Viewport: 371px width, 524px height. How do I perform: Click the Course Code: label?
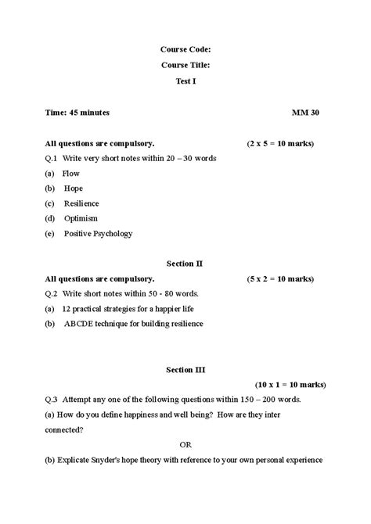click(185, 48)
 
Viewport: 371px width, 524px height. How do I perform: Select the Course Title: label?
click(185, 65)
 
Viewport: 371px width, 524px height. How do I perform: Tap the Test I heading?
click(185, 81)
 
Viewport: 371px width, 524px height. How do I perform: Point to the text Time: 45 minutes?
click(77, 113)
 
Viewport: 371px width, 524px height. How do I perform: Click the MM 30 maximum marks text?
click(305, 113)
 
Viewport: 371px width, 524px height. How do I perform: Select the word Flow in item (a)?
click(71, 173)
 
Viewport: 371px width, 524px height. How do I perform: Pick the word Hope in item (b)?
click(74, 188)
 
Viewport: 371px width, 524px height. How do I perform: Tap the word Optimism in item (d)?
click(81, 217)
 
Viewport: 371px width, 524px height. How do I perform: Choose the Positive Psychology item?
click(98, 233)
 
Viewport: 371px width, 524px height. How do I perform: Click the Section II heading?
click(185, 264)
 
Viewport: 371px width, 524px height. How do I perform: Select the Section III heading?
click(185, 368)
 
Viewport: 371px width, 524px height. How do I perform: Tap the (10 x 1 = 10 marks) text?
click(285, 384)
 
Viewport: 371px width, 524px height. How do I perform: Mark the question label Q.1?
click(52, 158)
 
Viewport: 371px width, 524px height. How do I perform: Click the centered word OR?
click(185, 444)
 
